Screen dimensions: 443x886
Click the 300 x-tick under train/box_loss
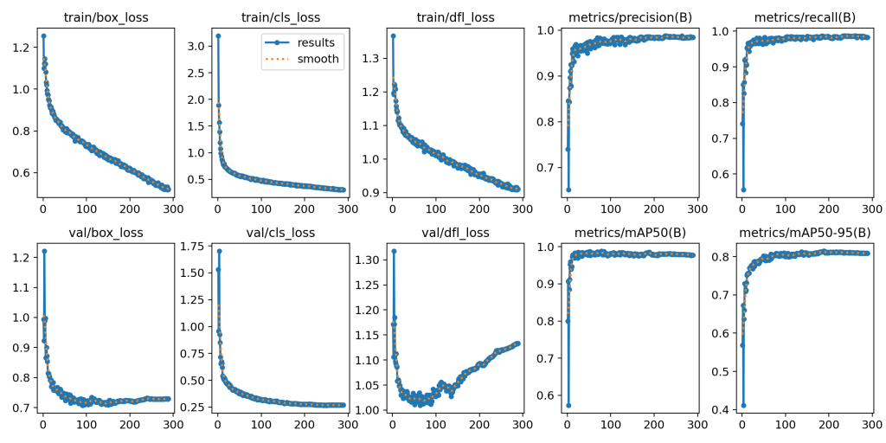click(170, 209)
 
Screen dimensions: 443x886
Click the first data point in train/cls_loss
click(217, 35)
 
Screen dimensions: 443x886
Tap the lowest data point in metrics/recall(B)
click(742, 189)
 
